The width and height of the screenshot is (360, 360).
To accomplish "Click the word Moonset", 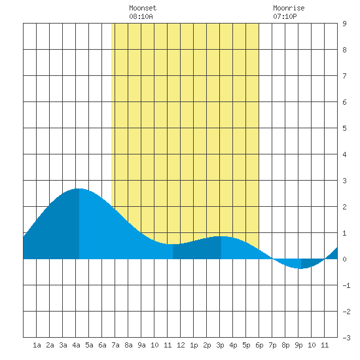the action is (143, 8).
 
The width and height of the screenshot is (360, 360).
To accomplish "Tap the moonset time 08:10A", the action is (141, 16).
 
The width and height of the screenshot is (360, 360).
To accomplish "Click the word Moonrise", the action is (289, 8).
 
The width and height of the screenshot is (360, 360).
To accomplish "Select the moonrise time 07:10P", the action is (285, 16).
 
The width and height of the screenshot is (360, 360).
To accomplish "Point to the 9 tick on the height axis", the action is (344, 24).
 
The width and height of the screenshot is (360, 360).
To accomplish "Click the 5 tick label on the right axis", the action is (344, 128).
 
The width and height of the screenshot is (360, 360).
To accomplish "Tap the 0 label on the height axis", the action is (344, 259).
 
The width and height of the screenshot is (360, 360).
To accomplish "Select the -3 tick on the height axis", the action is (346, 338).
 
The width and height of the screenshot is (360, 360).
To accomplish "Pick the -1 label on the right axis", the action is (346, 285).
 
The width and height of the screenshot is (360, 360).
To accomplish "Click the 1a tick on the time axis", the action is (37, 345).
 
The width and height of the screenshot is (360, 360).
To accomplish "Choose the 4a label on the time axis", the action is (76, 345).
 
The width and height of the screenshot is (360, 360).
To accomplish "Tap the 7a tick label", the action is (115, 345).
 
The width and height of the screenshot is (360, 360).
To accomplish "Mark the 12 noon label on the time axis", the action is (181, 345).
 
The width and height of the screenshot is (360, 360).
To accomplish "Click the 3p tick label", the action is (220, 345).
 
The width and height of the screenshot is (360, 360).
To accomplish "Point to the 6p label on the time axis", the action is (259, 345).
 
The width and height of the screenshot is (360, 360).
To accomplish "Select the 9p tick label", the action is (298, 345).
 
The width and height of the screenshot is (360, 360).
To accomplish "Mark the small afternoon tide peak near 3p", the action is (221, 236).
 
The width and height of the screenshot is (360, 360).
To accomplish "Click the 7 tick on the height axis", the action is (344, 76).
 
